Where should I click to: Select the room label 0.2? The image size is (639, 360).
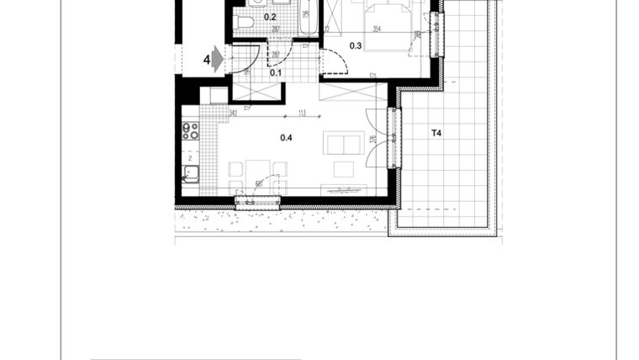pyautogui.click(x=270, y=16)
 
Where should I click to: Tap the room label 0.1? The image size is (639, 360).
pyautogui.click(x=275, y=72)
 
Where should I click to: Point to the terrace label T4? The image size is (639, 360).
pyautogui.click(x=436, y=133)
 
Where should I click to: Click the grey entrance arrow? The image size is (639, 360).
pyautogui.click(x=217, y=59)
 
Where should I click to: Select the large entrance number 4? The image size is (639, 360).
pyautogui.click(x=206, y=60)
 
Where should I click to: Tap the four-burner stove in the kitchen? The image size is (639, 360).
pyautogui.click(x=191, y=131)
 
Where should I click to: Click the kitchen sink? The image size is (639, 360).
pyautogui.click(x=191, y=174)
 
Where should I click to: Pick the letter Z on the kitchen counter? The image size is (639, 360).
pyautogui.click(x=191, y=157)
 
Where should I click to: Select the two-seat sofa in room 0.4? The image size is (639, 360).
pyautogui.click(x=344, y=144)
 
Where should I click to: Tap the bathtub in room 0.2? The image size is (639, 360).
pyautogui.click(x=309, y=17)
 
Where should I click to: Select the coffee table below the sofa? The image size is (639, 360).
pyautogui.click(x=343, y=168)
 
